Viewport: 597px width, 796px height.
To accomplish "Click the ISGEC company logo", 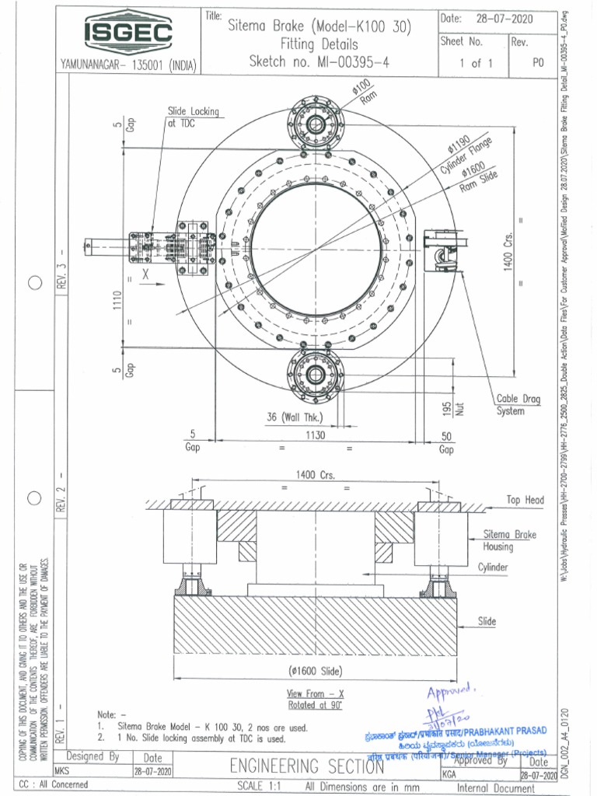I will pyautogui.click(x=128, y=33).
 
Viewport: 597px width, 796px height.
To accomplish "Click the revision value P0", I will pyautogui.click(x=537, y=64).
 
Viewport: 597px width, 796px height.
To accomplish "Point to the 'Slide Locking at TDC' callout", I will pyautogui.click(x=193, y=117).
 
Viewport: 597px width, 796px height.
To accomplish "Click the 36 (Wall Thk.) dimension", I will pyautogui.click(x=294, y=417).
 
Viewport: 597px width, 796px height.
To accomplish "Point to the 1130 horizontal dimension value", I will pyautogui.click(x=315, y=435).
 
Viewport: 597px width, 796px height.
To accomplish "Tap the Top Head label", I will pyautogui.click(x=525, y=500).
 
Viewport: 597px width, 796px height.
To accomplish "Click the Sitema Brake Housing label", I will pyautogui.click(x=509, y=540).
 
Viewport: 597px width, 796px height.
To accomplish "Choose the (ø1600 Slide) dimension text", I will pyautogui.click(x=315, y=671).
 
